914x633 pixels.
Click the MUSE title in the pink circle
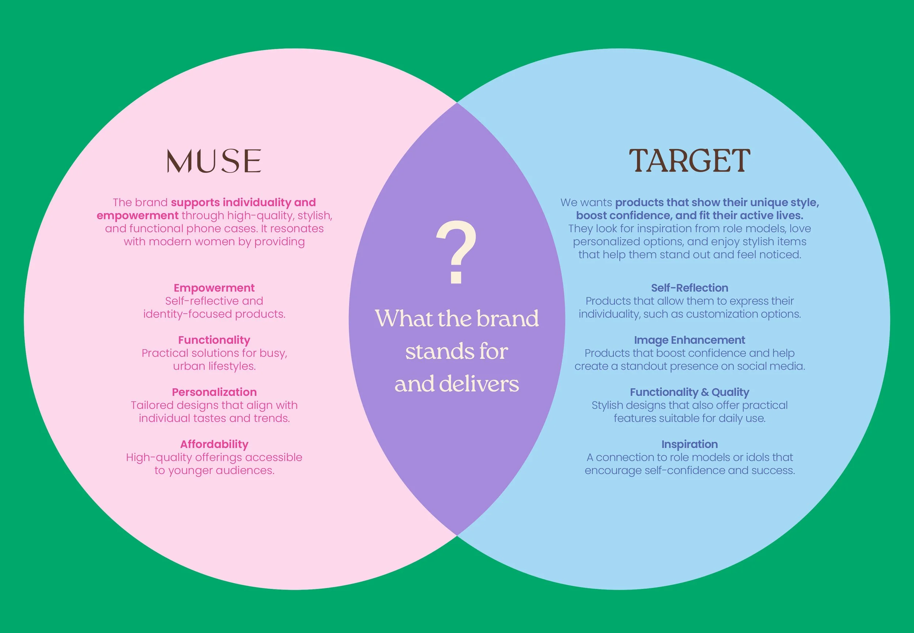click(214, 161)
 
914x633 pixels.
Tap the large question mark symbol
click(456, 253)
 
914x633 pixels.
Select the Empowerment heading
click(214, 288)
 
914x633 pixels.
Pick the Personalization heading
click(214, 392)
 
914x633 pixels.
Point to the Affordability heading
click(214, 444)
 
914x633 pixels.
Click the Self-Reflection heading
click(690, 288)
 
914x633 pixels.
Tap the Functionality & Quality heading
click(690, 392)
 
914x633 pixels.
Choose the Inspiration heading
click(690, 444)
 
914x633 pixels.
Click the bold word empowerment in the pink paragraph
click(137, 216)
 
